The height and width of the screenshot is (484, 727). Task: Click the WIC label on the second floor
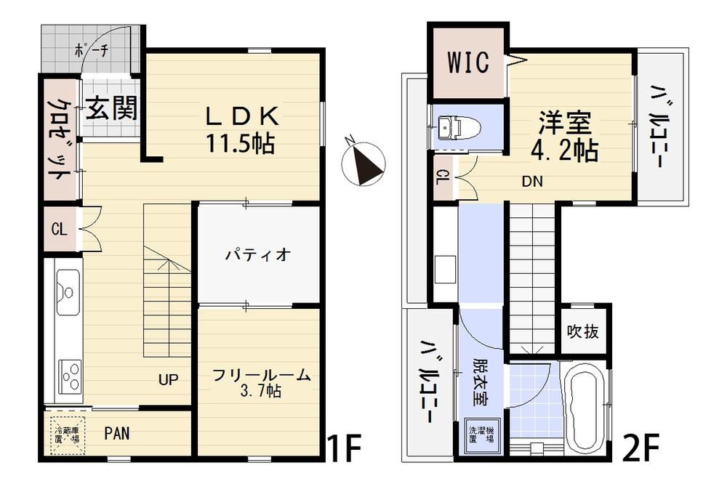pos(467,63)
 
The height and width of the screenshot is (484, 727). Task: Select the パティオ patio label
pos(257,255)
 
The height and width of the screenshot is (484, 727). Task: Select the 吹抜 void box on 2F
pos(583,332)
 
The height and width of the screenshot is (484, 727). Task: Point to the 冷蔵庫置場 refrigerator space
pos(67,435)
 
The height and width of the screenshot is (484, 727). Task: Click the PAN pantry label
pos(118,435)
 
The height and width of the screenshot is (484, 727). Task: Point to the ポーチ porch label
pos(92,51)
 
